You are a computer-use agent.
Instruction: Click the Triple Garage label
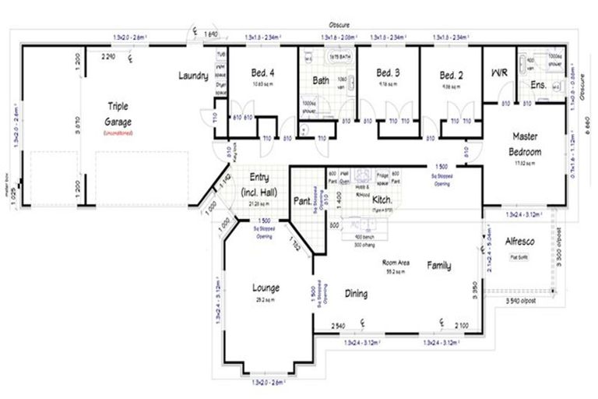pyautogui.click(x=119, y=114)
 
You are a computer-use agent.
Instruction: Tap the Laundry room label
pyautogui.click(x=192, y=76)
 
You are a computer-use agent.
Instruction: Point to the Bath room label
pyautogui.click(x=322, y=80)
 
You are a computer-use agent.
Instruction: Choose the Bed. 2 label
pyautogui.click(x=452, y=75)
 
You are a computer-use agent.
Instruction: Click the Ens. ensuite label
pyautogui.click(x=538, y=83)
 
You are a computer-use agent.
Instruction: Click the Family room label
pyautogui.click(x=439, y=266)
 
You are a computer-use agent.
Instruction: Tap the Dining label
pyautogui.click(x=351, y=294)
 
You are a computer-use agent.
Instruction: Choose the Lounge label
pyautogui.click(x=266, y=288)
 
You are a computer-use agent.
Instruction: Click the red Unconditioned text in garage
pyautogui.click(x=119, y=133)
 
